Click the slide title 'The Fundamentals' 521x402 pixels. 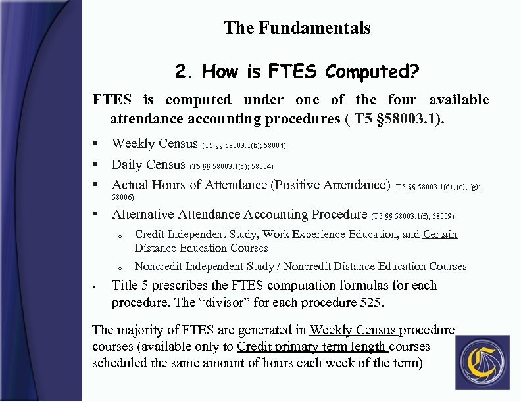point(297,28)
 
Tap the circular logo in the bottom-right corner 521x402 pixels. point(482,362)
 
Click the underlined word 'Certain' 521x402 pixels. point(439,234)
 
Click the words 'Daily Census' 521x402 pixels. point(148,164)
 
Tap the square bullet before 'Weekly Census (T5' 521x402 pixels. point(96,143)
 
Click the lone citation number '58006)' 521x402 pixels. point(123,197)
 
